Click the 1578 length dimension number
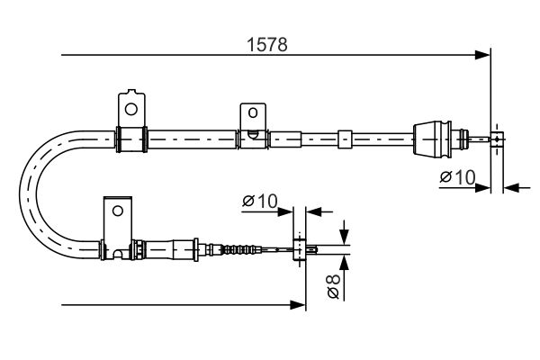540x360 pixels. (x=267, y=45)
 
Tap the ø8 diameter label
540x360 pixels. (x=333, y=285)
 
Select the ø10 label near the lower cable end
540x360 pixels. (x=260, y=202)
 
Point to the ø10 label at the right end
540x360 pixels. (x=457, y=177)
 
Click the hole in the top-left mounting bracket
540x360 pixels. (x=131, y=109)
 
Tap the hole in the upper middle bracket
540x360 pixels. (x=253, y=112)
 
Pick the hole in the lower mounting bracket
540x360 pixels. (x=118, y=211)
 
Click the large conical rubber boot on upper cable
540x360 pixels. (x=432, y=139)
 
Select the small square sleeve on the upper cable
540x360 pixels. (x=345, y=139)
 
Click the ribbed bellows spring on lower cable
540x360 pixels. (x=239, y=249)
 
